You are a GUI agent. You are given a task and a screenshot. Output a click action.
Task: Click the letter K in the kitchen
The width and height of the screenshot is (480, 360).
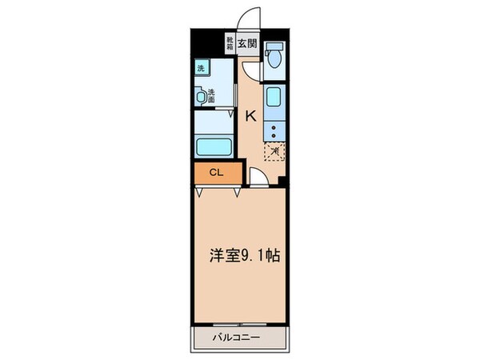(250, 117)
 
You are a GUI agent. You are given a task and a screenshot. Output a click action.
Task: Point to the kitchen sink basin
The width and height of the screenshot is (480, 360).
(274, 101)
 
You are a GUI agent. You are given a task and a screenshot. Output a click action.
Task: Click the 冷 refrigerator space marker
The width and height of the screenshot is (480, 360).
(274, 149)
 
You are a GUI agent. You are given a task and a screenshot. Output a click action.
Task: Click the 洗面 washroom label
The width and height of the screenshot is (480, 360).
(212, 95)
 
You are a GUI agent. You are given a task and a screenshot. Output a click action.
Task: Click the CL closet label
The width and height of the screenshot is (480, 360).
(215, 172)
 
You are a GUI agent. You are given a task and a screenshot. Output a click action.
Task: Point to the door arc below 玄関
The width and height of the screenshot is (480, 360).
(250, 71)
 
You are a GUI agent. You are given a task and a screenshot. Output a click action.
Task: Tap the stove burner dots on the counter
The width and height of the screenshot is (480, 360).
(274, 131)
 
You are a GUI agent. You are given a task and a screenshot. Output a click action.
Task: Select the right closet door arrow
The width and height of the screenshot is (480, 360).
(236, 192)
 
